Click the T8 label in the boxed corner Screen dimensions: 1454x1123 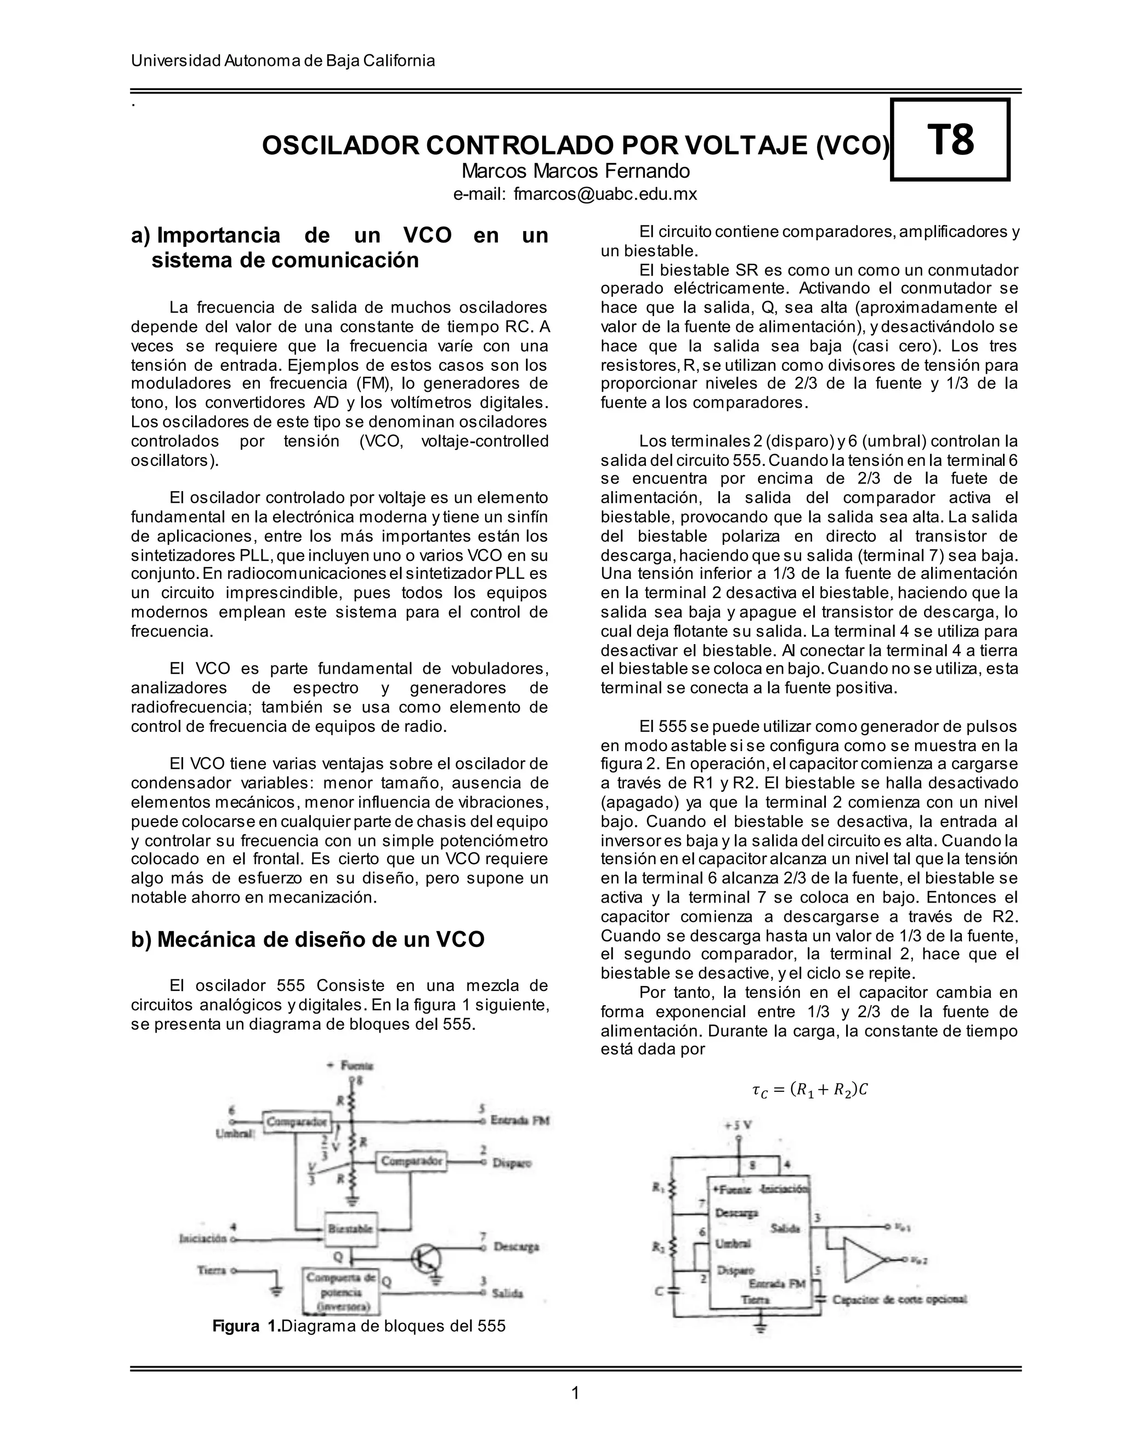(x=951, y=140)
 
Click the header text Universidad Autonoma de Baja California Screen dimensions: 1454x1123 (x=283, y=60)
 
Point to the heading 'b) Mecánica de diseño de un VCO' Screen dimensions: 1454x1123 (x=308, y=939)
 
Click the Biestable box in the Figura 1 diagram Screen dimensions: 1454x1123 (x=350, y=1228)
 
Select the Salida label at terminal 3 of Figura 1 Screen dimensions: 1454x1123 (x=507, y=1294)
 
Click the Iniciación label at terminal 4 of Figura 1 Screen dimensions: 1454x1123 (x=203, y=1239)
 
